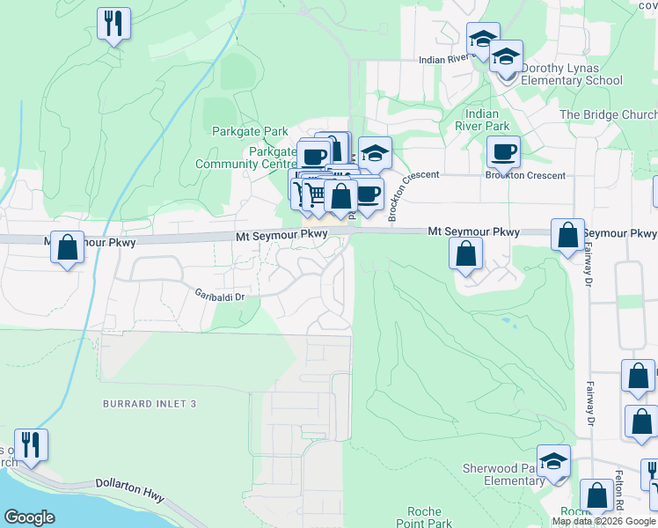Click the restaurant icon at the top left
click(113, 24)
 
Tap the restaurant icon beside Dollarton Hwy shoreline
click(32, 445)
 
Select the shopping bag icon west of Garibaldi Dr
click(67, 248)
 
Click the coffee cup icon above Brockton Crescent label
click(503, 152)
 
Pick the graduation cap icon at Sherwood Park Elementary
click(553, 461)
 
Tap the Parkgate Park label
click(250, 132)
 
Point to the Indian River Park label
click(481, 120)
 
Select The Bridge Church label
click(608, 115)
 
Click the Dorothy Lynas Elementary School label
click(572, 74)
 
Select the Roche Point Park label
click(430, 517)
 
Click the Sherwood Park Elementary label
click(502, 475)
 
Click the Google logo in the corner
click(29, 517)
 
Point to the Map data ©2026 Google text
click(603, 521)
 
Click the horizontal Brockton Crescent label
click(525, 175)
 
